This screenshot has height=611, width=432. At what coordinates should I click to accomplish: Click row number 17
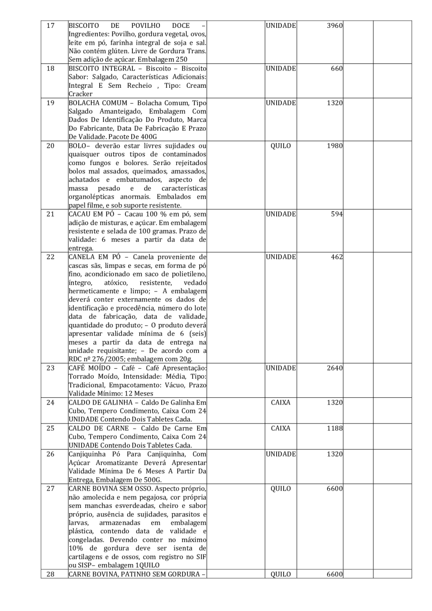(x=50, y=25)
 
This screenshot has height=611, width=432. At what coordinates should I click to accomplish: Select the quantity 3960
(x=333, y=25)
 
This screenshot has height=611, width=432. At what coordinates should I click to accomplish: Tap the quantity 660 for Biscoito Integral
(x=335, y=69)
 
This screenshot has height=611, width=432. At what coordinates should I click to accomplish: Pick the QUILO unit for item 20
(x=281, y=146)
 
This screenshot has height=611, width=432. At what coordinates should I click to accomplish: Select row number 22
(x=50, y=257)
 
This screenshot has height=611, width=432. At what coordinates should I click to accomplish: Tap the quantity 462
(x=335, y=257)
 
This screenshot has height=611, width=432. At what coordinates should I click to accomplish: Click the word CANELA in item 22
(x=84, y=257)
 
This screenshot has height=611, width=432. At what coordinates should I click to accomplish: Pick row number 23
(x=50, y=368)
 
